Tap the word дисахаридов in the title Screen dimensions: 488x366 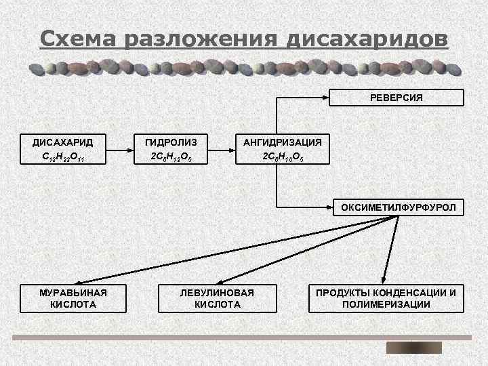367,39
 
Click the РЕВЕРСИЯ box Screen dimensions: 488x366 396,98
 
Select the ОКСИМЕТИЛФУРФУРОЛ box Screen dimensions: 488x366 398,207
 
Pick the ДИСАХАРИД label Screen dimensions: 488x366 63,142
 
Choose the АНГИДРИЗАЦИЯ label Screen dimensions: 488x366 283,142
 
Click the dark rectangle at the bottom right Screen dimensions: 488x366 413,348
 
